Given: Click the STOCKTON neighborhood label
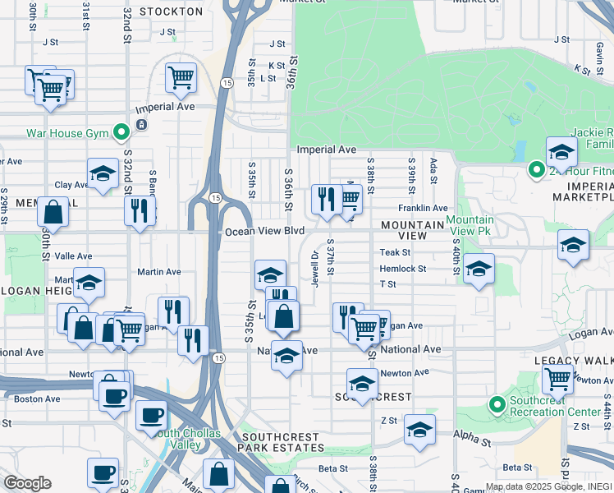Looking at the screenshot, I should (171, 12).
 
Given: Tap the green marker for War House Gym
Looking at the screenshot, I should (121, 132).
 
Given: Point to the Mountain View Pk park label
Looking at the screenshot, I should (470, 226).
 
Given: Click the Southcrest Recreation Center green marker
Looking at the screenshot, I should (497, 405).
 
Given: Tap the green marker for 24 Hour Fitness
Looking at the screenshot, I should (536, 171).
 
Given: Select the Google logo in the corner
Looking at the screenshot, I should (27, 483).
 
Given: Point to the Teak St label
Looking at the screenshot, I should (395, 252).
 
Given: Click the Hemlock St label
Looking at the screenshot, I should (402, 269).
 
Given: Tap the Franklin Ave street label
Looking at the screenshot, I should (423, 209).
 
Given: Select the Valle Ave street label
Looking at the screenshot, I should (71, 256).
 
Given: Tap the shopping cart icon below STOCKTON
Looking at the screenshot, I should (181, 78).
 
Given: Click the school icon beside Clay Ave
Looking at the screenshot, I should (103, 173).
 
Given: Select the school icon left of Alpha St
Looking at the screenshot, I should (419, 430).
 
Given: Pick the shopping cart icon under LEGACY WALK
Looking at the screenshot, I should (558, 380).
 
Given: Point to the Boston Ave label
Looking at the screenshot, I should (38, 399).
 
